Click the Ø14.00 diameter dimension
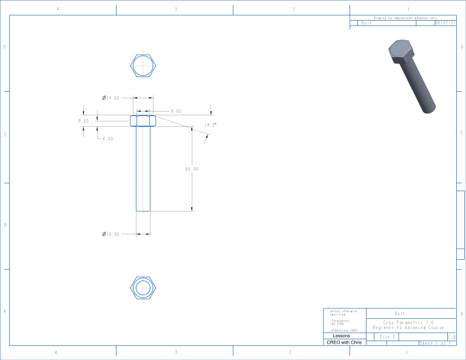(x=111, y=97)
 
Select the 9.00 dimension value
(x=176, y=111)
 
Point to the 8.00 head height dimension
(x=83, y=121)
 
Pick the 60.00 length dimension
(x=192, y=169)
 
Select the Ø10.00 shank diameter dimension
(x=111, y=234)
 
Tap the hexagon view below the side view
(x=144, y=287)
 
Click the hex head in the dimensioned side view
(x=143, y=121)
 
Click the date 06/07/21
(x=445, y=23)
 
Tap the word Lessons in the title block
(x=341, y=336)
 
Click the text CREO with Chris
(x=344, y=342)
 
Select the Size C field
(x=389, y=336)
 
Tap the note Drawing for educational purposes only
(x=405, y=18)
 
